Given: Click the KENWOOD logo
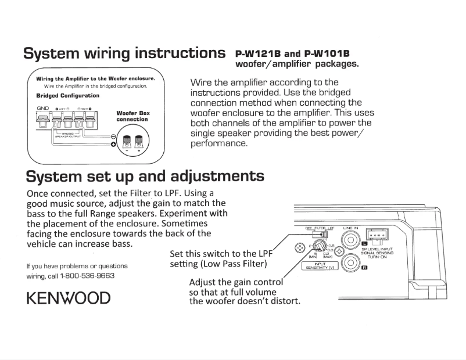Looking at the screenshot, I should tap(68, 298).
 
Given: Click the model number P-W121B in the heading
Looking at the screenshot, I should tap(260, 53).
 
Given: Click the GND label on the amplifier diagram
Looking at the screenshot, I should tap(42, 109).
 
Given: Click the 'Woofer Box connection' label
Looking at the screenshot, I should tap(132, 116).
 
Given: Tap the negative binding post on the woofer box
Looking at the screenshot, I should tap(127, 141).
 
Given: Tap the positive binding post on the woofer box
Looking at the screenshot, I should tap(140, 141).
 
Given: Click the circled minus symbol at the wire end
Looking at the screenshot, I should tap(113, 136).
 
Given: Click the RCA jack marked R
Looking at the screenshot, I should tap(350, 264).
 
